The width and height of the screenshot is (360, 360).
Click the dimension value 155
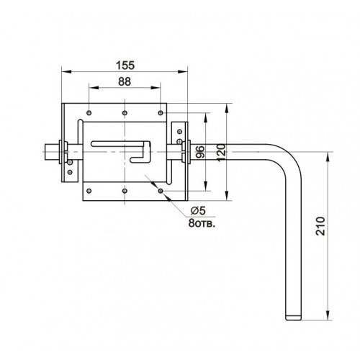(125, 63)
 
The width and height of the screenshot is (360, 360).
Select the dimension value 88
(124, 82)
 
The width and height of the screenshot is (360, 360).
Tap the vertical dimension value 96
(200, 152)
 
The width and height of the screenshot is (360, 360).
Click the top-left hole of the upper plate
(89, 112)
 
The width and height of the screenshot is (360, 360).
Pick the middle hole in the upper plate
(125, 112)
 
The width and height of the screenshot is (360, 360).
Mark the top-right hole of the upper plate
(159, 112)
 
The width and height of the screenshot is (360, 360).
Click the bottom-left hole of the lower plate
(89, 190)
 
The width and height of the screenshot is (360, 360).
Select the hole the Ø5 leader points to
(159, 190)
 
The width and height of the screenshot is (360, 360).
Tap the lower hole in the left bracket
(70, 171)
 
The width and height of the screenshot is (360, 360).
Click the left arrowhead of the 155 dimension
(64, 71)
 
